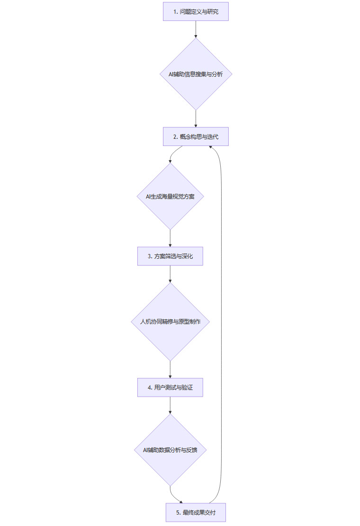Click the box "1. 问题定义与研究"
pos(196,11)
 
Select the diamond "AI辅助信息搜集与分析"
pos(196,74)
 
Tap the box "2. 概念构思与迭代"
pos(196,136)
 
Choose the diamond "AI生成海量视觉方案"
pos(170,197)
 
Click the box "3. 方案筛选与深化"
pos(170,256)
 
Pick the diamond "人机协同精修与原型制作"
pos(170,322)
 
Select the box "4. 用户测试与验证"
pos(170,388)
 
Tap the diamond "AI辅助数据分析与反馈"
pos(170,450)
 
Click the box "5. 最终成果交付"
pos(196,512)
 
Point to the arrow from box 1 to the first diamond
pos(196,29)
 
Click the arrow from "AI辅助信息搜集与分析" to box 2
pos(196,118)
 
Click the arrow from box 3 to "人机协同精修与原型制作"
pos(170,274)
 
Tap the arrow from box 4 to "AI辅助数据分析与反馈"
pos(170,405)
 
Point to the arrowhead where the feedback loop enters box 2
pos(211,147)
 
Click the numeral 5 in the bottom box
pos(178,513)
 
